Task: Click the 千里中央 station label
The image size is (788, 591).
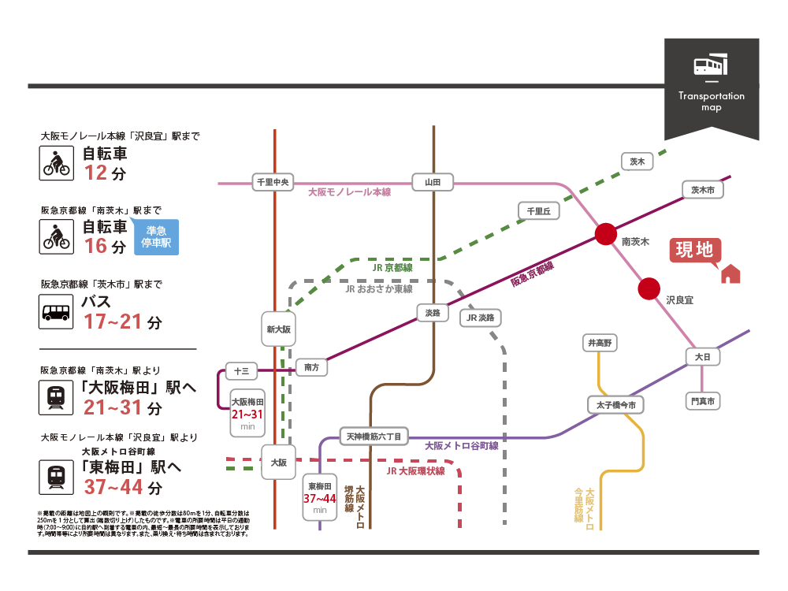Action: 274,182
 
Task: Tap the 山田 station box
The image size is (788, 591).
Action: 433,182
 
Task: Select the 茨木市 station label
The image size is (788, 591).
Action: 702,191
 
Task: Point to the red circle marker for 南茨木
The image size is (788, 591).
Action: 606,233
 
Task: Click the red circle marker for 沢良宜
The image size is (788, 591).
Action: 649,289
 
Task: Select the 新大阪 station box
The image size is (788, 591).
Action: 279,329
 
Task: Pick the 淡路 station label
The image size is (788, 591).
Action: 433,313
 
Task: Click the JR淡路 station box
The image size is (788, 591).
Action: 481,318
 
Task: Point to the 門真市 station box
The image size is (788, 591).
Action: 703,402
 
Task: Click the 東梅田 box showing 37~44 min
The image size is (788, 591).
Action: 320,497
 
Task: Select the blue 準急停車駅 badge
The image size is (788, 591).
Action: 156,237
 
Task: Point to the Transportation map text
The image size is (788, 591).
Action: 711,102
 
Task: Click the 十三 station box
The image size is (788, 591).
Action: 241,370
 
